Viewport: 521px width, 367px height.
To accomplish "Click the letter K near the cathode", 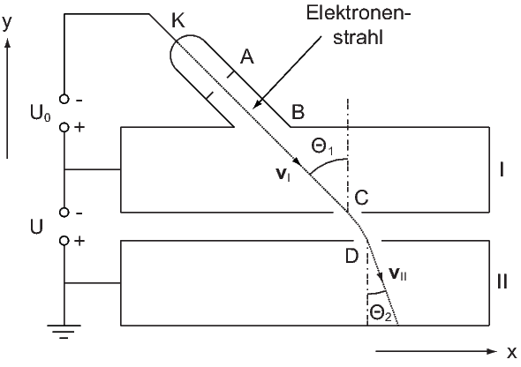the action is tap(178, 21).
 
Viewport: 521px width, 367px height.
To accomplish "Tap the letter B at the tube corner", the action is tap(298, 112).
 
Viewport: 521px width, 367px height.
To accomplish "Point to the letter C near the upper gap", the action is tap(361, 198).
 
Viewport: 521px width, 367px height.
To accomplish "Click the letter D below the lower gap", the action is tap(351, 256).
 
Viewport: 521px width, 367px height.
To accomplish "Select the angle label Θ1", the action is tap(322, 146).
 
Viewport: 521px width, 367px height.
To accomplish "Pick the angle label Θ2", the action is tap(380, 313).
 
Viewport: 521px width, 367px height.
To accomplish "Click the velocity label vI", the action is tap(283, 175).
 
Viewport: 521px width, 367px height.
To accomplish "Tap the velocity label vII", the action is tap(397, 274).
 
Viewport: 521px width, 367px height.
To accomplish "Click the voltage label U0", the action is tap(41, 114).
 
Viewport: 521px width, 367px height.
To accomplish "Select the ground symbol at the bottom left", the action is tap(64, 331).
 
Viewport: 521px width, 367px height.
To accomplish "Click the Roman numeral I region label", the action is tap(502, 169).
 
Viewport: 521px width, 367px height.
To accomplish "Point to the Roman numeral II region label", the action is tap(502, 282).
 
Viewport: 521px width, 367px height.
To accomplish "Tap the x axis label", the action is tap(511, 352).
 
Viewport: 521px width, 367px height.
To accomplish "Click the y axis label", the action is tap(7, 23).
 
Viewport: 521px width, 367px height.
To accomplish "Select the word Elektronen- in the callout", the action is tap(359, 13).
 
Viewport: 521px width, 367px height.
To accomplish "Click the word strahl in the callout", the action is tap(359, 37).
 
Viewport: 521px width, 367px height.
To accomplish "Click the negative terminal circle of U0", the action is tap(64, 99).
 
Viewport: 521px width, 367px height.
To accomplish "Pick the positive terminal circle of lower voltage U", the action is tap(64, 241).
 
